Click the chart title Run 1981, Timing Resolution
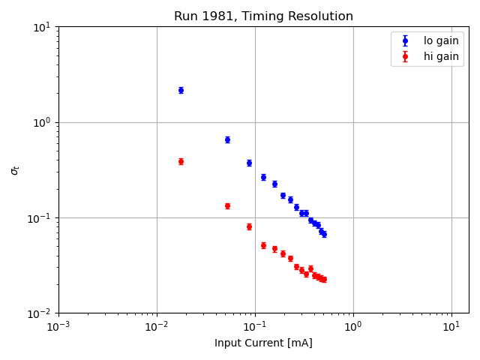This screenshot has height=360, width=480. (263, 16)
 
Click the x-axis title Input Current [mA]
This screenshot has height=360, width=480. (263, 343)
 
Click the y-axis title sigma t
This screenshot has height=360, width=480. (15, 170)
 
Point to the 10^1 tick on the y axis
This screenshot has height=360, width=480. (42, 27)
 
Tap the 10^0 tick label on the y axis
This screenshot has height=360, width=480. (42, 122)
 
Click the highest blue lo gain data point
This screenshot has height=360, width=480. (181, 90)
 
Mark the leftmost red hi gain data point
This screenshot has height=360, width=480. (181, 161)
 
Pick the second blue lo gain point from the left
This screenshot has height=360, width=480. (227, 139)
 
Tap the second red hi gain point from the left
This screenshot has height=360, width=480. (227, 205)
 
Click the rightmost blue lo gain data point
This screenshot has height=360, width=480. (324, 234)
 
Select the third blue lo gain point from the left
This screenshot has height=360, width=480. (249, 163)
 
